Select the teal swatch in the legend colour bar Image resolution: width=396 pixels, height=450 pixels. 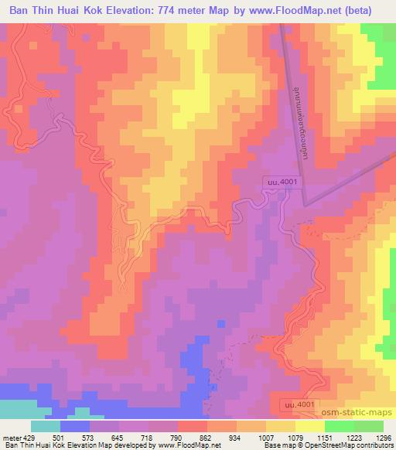45,426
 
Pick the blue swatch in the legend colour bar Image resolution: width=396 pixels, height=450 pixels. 74,426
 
